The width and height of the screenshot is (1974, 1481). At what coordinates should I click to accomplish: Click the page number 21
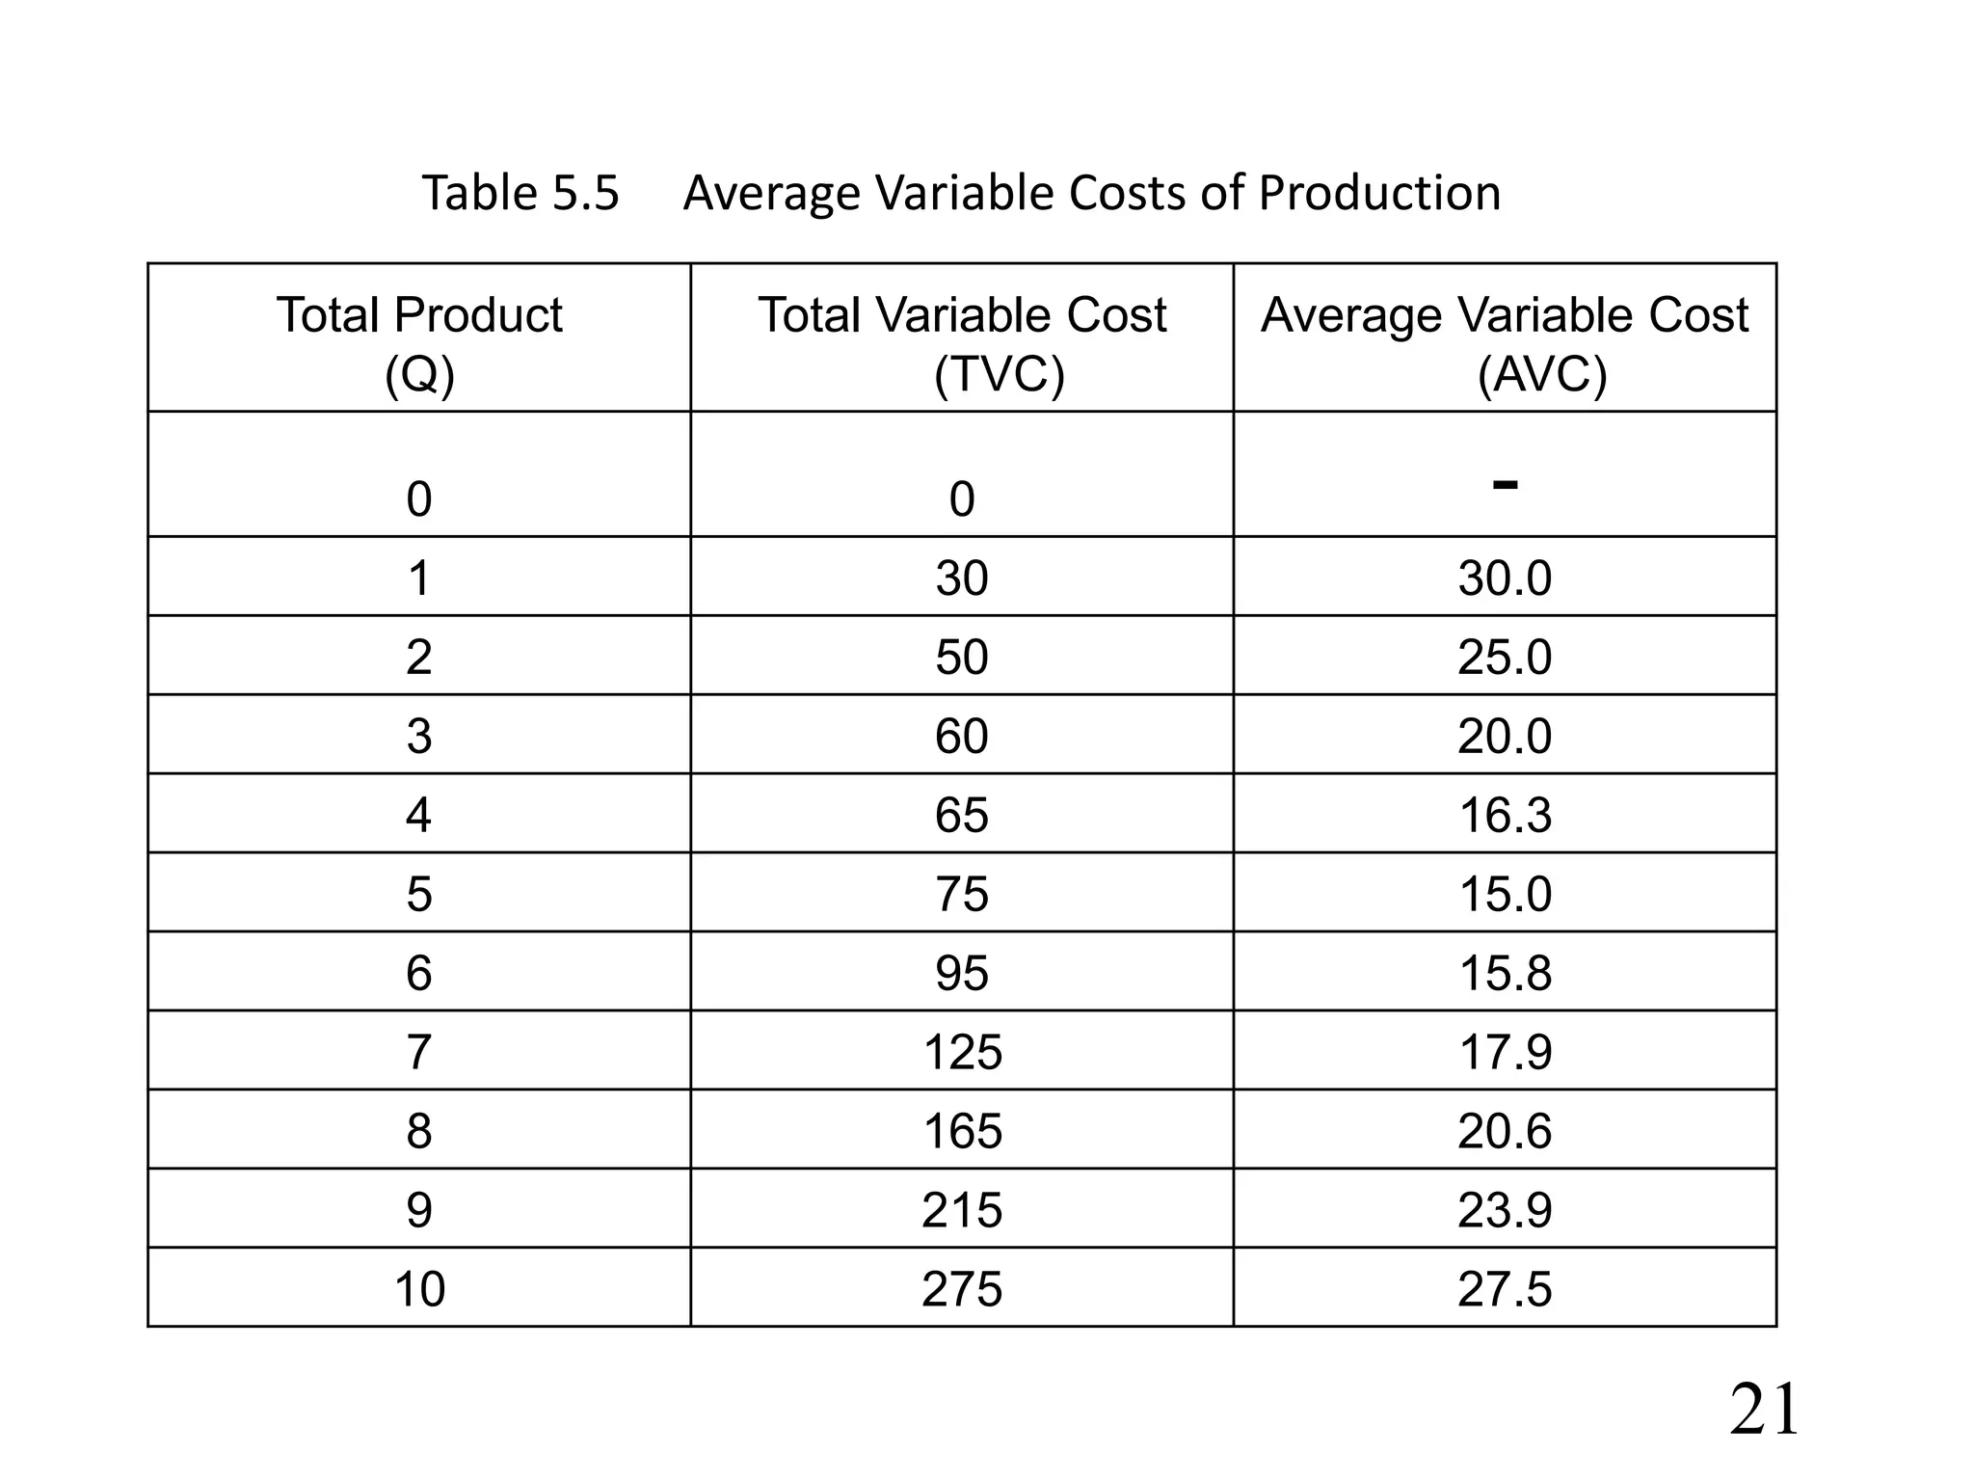[x=1763, y=1411]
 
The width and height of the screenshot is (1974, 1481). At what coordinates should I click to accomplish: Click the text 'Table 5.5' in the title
[x=520, y=193]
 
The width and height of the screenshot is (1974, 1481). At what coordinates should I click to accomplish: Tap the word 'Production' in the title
[x=1379, y=193]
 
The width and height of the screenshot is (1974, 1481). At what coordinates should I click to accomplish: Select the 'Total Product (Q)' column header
[x=419, y=342]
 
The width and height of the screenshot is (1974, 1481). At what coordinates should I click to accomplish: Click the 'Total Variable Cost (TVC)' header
[x=962, y=342]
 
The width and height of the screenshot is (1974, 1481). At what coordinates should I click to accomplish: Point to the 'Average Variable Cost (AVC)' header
[x=1505, y=342]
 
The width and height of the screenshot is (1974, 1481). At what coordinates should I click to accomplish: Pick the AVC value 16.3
[x=1505, y=815]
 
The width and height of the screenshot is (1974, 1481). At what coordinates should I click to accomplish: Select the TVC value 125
[x=962, y=1051]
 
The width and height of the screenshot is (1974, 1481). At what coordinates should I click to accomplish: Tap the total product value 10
[x=419, y=1289]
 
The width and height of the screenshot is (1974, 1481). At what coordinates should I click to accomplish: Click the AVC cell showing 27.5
[x=1505, y=1289]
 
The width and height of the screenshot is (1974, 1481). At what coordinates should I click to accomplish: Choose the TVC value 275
[x=962, y=1289]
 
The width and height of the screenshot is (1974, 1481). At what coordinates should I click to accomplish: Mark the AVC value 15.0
[x=1505, y=894]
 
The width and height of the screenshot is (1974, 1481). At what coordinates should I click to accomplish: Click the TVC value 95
[x=962, y=973]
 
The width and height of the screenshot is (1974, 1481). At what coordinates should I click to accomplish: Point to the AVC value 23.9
[x=1505, y=1210]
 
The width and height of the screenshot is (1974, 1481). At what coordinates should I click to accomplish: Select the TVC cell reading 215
[x=962, y=1210]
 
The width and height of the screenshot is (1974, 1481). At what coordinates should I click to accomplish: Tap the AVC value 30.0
[x=1505, y=579]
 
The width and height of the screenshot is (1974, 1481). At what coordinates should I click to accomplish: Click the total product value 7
[x=419, y=1051]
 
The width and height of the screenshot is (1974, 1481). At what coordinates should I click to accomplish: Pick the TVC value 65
[x=962, y=815]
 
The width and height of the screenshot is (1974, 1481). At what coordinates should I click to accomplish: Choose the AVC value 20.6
[x=1505, y=1131]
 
